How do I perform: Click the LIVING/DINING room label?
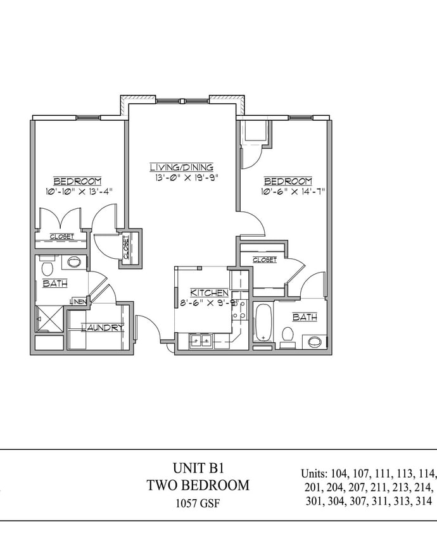pos(181,167)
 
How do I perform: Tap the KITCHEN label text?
pos(209,292)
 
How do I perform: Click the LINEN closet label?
pos(78,301)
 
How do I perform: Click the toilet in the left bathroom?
pos(47,266)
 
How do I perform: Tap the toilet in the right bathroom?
pos(287,335)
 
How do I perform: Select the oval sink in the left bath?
pos(73,261)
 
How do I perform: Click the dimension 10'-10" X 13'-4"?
pos(79,191)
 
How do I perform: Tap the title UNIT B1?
pos(198,468)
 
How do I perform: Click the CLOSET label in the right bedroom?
pos(264,259)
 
